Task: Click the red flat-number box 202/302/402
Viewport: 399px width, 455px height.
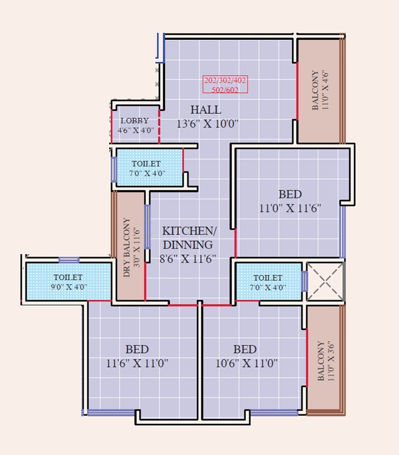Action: (x=226, y=84)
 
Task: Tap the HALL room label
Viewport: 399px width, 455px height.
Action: (x=206, y=110)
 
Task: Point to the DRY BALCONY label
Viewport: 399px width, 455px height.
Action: (x=129, y=247)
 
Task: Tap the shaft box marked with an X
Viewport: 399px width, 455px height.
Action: (x=324, y=281)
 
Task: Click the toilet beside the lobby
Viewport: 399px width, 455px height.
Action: (x=148, y=168)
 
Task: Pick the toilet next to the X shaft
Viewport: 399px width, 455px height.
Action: (x=267, y=282)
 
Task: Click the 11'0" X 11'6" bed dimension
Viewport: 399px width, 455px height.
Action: (x=290, y=208)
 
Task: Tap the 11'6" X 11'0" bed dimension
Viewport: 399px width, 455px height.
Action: (x=137, y=363)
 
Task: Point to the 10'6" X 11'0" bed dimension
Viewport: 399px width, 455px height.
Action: (x=245, y=363)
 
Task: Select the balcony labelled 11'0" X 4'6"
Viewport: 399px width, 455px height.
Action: (x=320, y=91)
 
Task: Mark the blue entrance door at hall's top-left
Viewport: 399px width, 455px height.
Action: (x=161, y=47)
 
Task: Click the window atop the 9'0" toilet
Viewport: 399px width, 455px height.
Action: (x=69, y=260)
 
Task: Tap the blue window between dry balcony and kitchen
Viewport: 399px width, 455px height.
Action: (x=147, y=226)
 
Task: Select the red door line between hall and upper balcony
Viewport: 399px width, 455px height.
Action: (x=297, y=91)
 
